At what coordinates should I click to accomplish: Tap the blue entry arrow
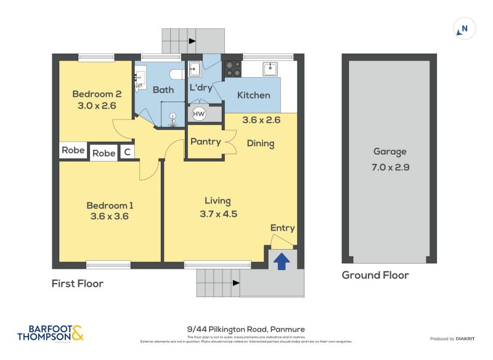click(282, 261)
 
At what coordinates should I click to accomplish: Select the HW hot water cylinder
click(199, 114)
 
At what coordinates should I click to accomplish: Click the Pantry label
click(205, 142)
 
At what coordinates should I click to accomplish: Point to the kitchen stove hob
click(232, 68)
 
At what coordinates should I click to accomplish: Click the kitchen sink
click(270, 68)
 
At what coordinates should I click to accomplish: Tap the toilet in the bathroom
click(177, 74)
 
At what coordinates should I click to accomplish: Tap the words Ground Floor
click(375, 276)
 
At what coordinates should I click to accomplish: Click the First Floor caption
click(78, 284)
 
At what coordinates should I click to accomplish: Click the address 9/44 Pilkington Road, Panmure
click(246, 329)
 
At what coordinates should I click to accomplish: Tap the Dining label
click(260, 144)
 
